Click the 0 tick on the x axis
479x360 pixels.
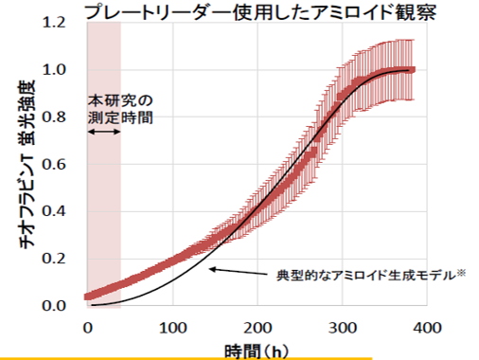87,327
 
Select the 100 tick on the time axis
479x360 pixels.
172,327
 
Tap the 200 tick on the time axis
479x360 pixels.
257,327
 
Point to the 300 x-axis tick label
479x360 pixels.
343,327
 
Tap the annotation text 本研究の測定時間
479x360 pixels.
120,108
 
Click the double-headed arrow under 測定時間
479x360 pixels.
103,132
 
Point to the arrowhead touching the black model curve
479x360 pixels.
212,269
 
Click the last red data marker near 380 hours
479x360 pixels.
411,69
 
